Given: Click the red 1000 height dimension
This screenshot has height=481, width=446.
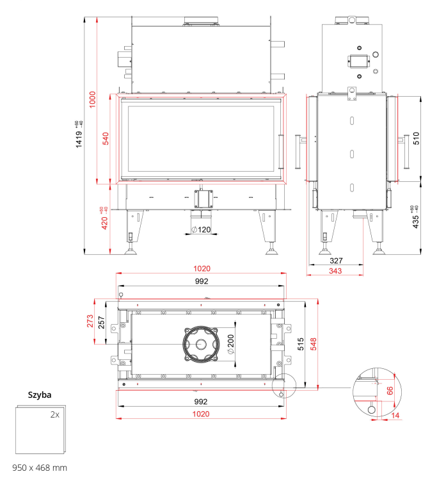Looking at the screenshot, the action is point(92,99).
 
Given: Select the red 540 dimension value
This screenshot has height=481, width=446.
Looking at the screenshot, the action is point(106,138).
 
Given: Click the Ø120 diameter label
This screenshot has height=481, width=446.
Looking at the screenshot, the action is point(201,229).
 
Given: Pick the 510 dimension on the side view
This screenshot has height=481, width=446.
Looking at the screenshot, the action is point(416,138).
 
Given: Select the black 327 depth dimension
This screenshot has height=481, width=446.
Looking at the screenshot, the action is point(336,261).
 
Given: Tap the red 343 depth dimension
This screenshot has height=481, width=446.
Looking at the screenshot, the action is point(335,271).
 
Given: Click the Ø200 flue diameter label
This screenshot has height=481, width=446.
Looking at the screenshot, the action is point(230,344).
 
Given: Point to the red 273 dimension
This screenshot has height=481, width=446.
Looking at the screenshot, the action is point(90,321).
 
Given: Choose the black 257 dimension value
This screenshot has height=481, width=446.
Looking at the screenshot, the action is point(101,322).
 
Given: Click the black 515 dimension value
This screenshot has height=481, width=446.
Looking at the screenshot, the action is point(301,344).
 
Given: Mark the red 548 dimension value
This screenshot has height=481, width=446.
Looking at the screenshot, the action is point(314,344).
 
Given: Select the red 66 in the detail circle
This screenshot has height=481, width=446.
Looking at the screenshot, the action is point(390,391).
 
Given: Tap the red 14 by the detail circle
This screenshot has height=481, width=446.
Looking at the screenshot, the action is point(395,416).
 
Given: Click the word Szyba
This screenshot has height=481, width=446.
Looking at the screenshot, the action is point(40,395).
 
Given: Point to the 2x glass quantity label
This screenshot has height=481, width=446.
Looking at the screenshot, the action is point(55,415).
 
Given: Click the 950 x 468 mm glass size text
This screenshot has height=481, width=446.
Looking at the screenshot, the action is point(40,468).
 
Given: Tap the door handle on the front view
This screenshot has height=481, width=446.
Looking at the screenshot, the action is point(280,152).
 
